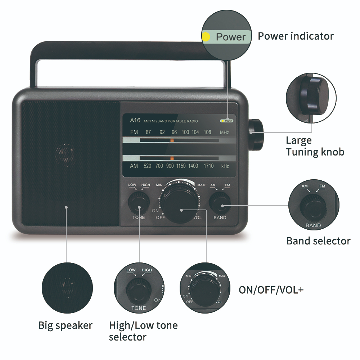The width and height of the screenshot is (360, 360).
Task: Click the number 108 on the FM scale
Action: click(207, 132)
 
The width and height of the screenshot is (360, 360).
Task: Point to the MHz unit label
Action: click(225, 132)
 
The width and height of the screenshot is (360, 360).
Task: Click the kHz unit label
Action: click(225, 166)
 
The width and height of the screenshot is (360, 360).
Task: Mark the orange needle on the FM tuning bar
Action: click(172, 140)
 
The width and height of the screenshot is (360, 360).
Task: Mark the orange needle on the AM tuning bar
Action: click(172, 158)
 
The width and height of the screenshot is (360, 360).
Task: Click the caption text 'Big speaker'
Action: click(65, 325)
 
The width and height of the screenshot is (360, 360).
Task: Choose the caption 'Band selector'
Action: click(318, 241)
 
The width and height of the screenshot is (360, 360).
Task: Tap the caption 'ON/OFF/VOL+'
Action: click(271, 290)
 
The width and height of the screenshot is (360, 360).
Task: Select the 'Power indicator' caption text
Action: click(296, 36)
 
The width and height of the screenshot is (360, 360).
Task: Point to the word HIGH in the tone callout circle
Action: click(147, 270)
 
